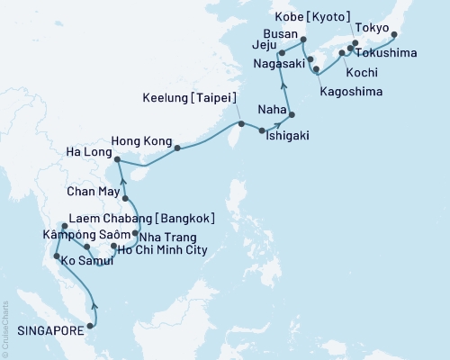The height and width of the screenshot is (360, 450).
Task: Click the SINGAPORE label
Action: coord(42,329)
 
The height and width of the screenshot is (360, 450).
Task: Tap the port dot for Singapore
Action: coord(90,314)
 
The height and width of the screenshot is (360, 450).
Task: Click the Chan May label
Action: coord(90,192)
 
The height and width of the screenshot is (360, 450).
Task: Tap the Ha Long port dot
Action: coord(119,160)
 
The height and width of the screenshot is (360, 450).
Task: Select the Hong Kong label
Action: coord(138,142)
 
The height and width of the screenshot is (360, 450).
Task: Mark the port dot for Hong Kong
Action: coord(176,147)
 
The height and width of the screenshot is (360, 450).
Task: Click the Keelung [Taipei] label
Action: coord(187,97)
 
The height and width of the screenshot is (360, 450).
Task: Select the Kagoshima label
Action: coord(352,93)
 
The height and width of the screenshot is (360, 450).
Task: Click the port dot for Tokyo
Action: coord(392,34)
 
